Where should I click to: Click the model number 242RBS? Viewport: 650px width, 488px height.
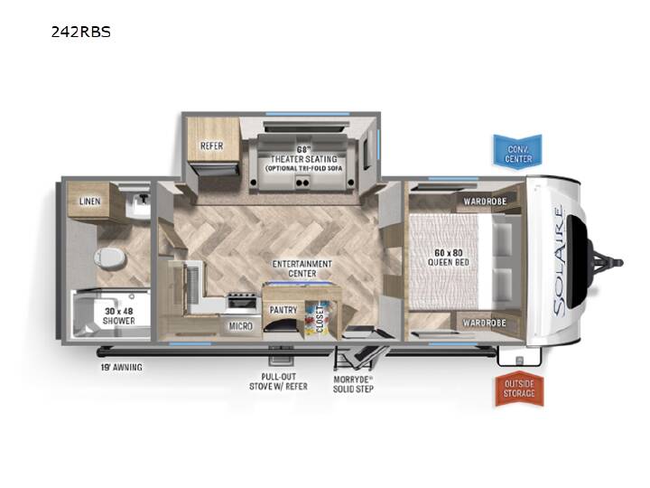[81, 32]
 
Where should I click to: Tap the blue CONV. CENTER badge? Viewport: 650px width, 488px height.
[518, 151]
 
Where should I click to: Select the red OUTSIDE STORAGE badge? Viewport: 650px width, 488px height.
[519, 389]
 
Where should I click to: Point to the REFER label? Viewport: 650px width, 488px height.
[212, 146]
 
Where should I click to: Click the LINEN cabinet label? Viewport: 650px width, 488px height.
[90, 202]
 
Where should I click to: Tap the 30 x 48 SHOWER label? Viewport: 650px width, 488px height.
[119, 315]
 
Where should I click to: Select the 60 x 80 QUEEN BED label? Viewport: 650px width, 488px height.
[448, 258]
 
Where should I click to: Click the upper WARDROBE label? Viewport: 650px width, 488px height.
[485, 202]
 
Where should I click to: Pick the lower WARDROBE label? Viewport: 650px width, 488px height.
[485, 323]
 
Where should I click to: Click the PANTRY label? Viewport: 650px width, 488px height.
[283, 310]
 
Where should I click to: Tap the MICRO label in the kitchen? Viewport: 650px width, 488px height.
[241, 326]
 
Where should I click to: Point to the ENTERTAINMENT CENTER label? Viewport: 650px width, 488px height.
[302, 268]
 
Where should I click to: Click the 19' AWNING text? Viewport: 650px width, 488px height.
[121, 367]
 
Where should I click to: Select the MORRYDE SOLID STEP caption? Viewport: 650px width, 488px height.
[353, 384]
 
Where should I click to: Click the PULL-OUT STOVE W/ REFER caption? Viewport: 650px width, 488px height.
[279, 381]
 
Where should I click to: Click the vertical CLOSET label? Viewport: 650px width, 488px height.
[320, 320]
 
